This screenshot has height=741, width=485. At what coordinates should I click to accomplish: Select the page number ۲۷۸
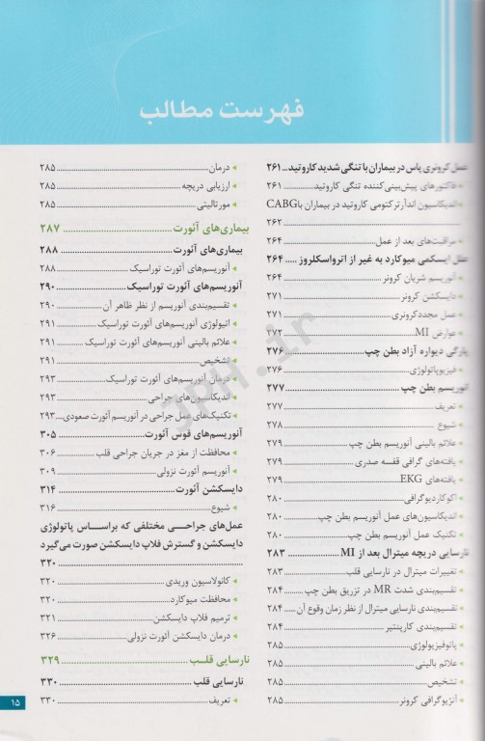(275, 425)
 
